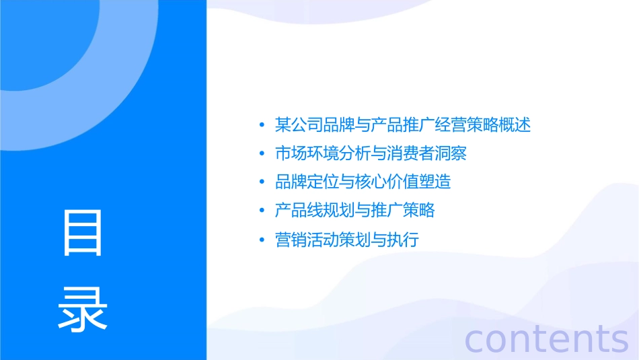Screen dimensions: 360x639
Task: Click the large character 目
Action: click(83, 232)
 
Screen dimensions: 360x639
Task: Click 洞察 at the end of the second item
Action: click(451, 153)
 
